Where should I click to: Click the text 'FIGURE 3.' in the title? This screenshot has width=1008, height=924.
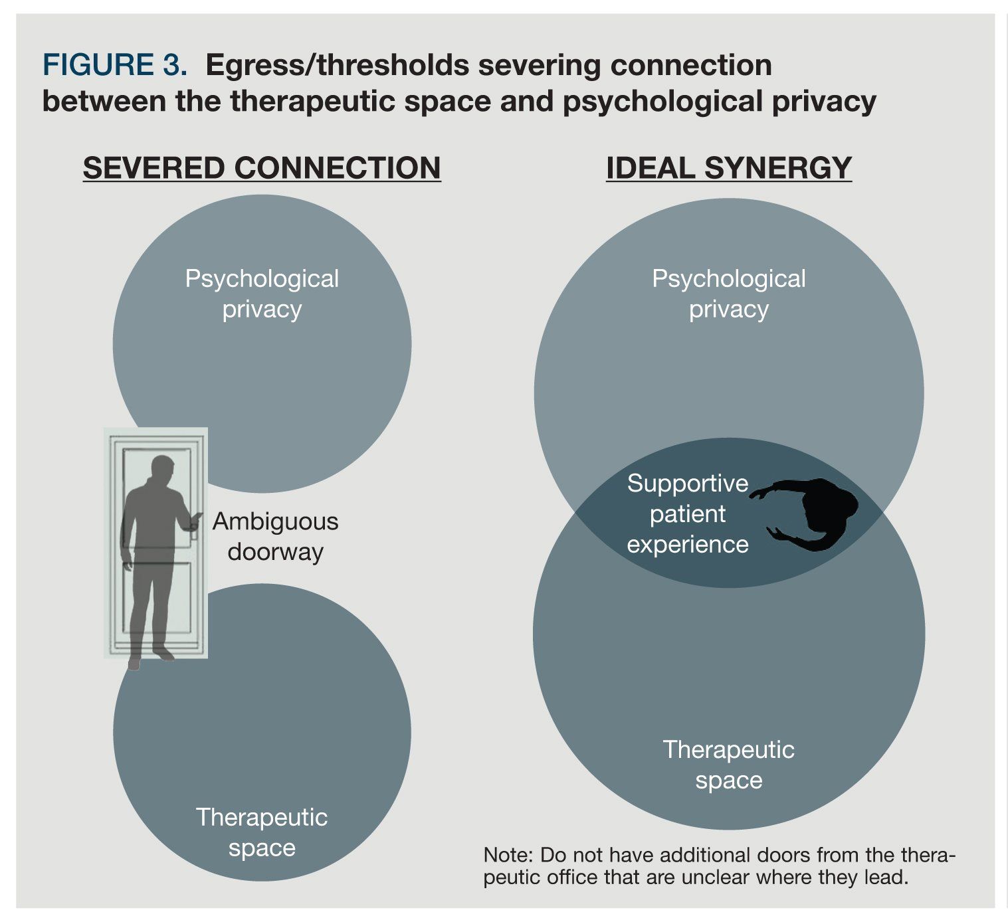pos(114,65)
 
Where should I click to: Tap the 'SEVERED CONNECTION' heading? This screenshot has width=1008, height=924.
pos(262,167)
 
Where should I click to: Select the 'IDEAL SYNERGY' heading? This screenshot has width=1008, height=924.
pos(728,167)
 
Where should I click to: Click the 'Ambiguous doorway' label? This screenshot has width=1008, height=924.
pos(275,537)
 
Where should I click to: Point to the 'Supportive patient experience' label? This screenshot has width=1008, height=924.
pos(687,513)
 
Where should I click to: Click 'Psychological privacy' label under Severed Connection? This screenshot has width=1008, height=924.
pos(262,294)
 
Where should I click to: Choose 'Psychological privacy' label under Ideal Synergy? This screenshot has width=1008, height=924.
pos(728,294)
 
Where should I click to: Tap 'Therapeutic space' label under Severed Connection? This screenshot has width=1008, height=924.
pos(262,832)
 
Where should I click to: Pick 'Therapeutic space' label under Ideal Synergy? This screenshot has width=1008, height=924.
pos(728,765)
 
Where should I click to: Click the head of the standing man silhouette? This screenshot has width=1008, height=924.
pos(161,469)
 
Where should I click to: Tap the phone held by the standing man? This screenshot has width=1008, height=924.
pos(197,516)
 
